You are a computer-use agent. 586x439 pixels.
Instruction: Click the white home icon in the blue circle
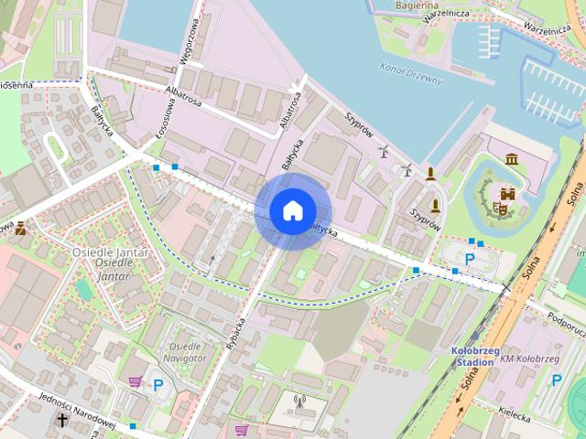(x=291, y=211)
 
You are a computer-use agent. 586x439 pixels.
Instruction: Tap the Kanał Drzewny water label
(x=410, y=74)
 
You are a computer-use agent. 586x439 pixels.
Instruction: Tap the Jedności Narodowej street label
(x=77, y=411)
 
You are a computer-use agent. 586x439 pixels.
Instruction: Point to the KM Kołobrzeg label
(x=531, y=359)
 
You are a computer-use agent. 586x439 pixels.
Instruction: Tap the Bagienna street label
(x=416, y=5)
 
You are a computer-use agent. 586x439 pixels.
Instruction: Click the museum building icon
(x=512, y=159)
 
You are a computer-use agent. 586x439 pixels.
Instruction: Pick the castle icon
(x=507, y=193)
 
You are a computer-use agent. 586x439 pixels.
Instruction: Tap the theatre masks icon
(x=500, y=208)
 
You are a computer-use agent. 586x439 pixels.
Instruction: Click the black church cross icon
(x=62, y=420)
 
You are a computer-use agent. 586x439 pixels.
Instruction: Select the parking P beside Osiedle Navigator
(x=158, y=386)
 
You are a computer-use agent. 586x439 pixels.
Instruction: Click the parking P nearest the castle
(x=470, y=260)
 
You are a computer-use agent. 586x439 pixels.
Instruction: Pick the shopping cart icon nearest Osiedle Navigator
(x=136, y=381)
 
